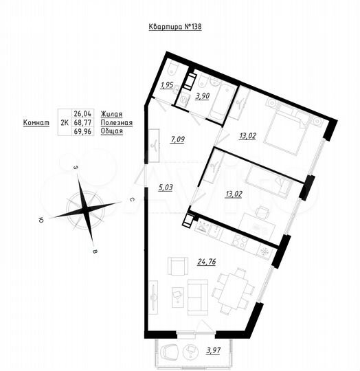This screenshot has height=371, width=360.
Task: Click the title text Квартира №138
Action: [175, 27]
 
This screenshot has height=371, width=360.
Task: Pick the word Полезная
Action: [115, 122]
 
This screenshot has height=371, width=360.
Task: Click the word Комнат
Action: [36, 122]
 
